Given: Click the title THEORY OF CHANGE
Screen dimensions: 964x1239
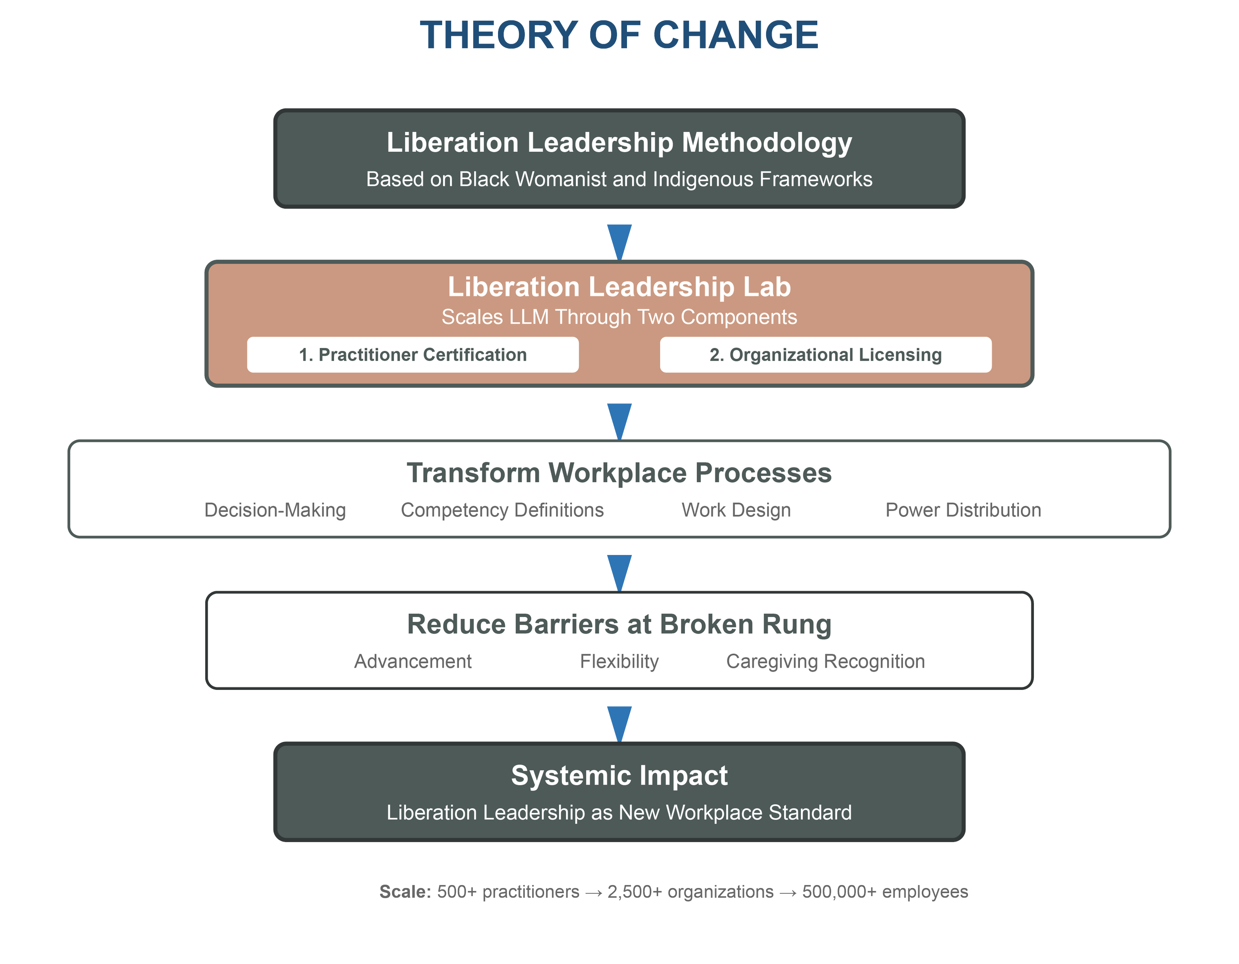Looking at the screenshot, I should [619, 35].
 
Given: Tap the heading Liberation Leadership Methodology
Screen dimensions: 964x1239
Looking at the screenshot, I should [619, 142].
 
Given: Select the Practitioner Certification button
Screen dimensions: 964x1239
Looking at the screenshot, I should [412, 354].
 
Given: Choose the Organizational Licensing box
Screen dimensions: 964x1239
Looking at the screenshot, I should [826, 354].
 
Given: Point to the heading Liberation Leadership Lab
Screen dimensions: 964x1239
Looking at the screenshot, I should [619, 286].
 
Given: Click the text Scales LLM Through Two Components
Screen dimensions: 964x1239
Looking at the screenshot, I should [619, 317].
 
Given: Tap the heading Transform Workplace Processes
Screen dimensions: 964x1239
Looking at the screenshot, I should [619, 473].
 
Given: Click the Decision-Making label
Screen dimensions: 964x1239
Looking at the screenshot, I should [275, 510].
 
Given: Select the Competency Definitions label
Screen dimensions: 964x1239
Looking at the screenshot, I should [502, 510].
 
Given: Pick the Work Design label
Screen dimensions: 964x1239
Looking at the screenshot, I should [736, 510].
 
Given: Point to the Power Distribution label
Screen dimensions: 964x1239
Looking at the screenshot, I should [963, 510].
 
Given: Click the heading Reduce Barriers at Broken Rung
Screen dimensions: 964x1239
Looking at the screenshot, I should [619, 624].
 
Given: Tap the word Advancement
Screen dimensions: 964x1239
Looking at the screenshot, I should [413, 662].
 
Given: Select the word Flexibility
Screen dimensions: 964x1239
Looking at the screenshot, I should [619, 662].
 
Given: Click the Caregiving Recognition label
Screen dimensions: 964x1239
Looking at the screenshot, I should [826, 662].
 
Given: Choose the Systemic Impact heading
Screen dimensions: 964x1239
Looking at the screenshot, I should [619, 776].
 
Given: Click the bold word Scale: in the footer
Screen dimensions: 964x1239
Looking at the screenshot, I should [405, 892].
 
